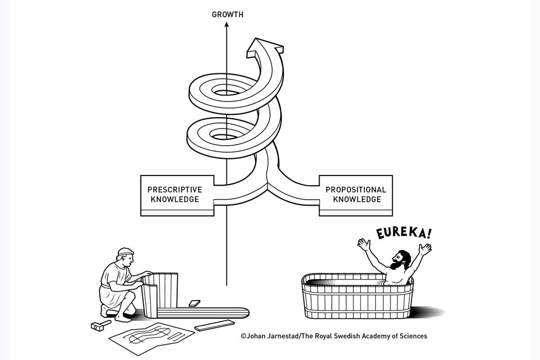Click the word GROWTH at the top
pyautogui.click(x=227, y=15)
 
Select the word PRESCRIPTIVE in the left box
pyautogui.click(x=174, y=190)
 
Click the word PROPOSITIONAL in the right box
pyautogui.click(x=355, y=190)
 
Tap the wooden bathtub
pyautogui.click(x=357, y=298)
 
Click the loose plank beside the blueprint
pyautogui.click(x=214, y=325)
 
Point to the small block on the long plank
pyautogui.click(x=194, y=304)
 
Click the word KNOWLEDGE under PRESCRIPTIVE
pyautogui.click(x=174, y=200)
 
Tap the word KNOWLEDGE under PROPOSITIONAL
pyautogui.click(x=356, y=200)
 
